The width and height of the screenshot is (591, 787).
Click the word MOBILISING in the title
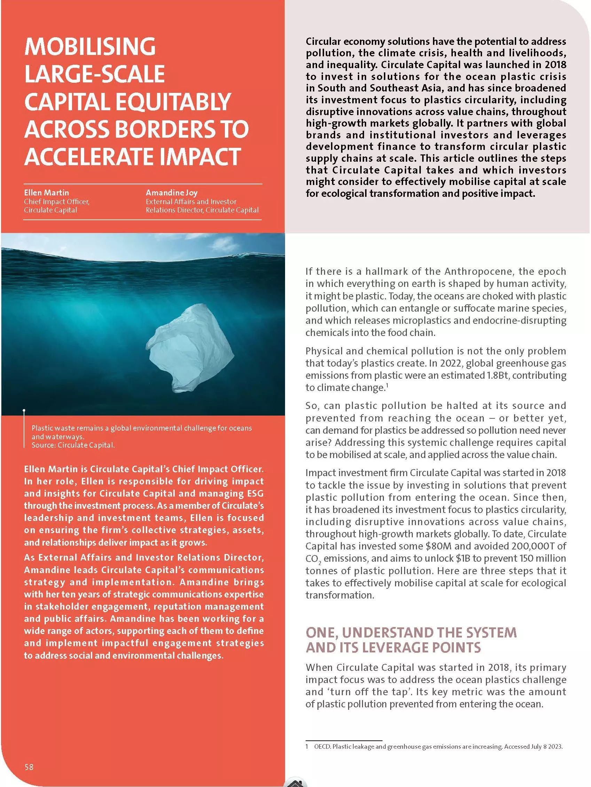[x=90, y=47]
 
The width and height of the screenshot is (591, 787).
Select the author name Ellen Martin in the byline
[x=46, y=193]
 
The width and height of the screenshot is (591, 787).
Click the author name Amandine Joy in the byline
[x=171, y=193]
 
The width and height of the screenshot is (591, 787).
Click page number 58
[x=29, y=767]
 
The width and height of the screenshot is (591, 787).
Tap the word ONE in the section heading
[x=321, y=633]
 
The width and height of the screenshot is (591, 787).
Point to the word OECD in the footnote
[x=322, y=746]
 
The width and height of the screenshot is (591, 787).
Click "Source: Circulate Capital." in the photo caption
[x=73, y=445]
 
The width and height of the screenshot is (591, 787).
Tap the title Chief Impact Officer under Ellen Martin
[x=57, y=202]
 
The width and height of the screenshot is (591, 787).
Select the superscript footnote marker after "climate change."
[x=387, y=384]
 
